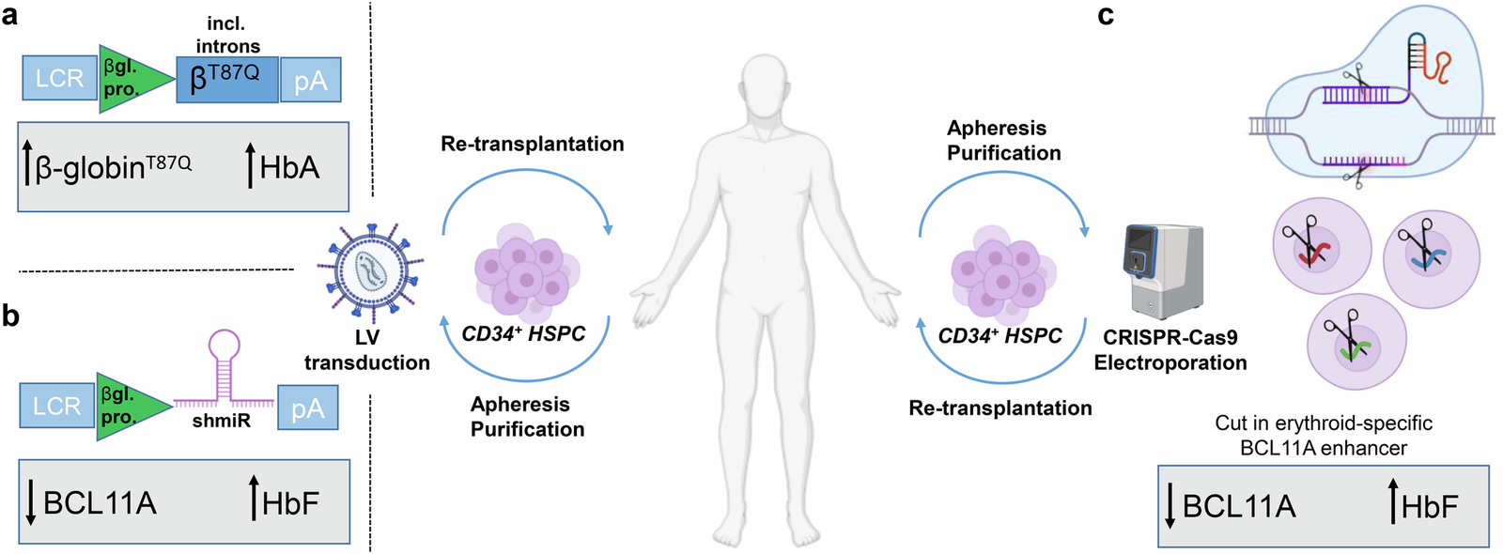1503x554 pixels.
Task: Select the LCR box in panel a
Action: tap(59, 79)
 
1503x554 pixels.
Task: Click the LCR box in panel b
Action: tap(56, 407)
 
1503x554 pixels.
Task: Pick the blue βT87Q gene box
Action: tap(227, 79)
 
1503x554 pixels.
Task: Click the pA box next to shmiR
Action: tap(307, 408)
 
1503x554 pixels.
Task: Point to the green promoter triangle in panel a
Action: tap(132, 79)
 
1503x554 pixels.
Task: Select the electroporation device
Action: tap(1163, 271)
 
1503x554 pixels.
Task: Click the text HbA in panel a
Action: tap(288, 168)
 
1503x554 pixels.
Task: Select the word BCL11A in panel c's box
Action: tap(1238, 507)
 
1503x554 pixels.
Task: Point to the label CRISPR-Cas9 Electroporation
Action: tap(1170, 350)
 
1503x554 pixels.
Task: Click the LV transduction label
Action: tap(367, 350)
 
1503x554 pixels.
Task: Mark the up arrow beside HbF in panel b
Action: tap(254, 498)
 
